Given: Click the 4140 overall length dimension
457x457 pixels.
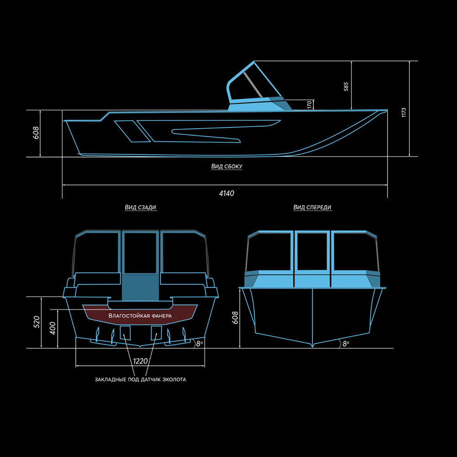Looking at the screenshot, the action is click(x=227, y=193).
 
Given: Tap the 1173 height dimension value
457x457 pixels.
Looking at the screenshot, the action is click(x=404, y=112).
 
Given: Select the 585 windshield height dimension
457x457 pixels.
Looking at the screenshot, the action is click(x=346, y=86).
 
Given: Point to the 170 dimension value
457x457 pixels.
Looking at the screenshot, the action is click(x=309, y=105).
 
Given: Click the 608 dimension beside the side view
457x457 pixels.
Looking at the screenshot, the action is click(x=36, y=133).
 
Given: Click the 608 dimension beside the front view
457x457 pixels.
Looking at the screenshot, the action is click(x=235, y=318).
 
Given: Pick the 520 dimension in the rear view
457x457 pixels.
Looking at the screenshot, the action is click(x=37, y=322).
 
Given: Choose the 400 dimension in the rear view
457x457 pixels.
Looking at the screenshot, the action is click(x=53, y=328).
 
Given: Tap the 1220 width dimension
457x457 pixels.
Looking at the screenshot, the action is click(x=140, y=361).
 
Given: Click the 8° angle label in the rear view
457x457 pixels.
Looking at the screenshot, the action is click(x=199, y=344).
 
